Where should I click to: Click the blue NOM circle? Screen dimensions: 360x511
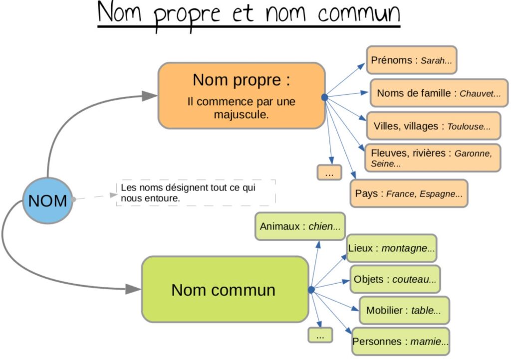[x=47, y=200]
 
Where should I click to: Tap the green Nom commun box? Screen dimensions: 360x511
[x=225, y=290]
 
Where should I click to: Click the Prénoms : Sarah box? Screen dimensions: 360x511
[x=412, y=60]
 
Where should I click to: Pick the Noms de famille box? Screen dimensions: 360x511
[x=439, y=93]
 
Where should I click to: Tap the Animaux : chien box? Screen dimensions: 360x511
[x=300, y=226]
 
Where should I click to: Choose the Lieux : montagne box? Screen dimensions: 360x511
[x=392, y=248]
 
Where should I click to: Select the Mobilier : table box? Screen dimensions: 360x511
[x=404, y=311]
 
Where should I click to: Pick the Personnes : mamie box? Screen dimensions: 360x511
[x=401, y=342]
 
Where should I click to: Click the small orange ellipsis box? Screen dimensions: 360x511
[x=329, y=173]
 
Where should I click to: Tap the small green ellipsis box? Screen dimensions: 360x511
[x=320, y=335]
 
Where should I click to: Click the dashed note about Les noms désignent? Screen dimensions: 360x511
[x=196, y=193]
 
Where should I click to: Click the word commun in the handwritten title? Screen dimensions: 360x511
[x=359, y=14]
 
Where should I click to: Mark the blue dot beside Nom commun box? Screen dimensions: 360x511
[x=311, y=290]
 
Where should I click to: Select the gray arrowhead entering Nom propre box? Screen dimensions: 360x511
[x=149, y=96]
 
